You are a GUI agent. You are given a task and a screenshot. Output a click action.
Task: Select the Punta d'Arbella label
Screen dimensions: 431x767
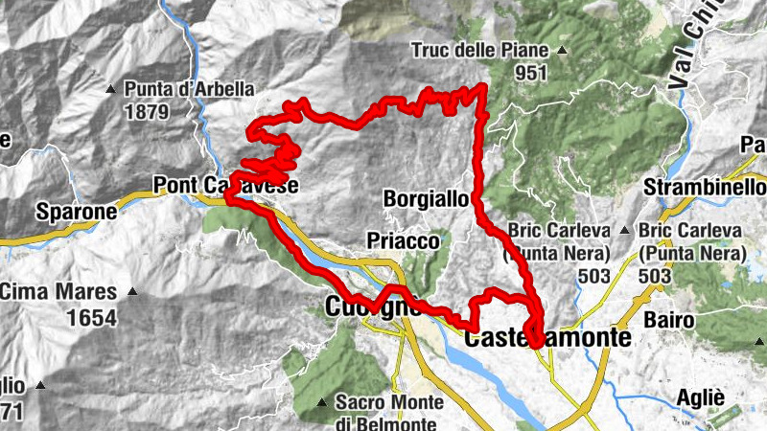click(189, 89)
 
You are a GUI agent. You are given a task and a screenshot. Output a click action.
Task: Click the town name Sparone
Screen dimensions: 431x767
click(76, 211)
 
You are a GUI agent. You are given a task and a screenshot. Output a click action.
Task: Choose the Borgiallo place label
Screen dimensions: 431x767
click(425, 199)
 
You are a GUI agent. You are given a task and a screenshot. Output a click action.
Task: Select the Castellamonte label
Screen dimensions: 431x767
click(547, 338)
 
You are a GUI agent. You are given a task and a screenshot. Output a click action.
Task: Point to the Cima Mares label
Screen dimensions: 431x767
click(58, 291)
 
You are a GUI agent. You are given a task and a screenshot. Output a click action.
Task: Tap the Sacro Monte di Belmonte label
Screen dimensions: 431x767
click(386, 412)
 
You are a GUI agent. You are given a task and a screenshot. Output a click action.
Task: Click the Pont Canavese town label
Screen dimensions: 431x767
click(225, 185)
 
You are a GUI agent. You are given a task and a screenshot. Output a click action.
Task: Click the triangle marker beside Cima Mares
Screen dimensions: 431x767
click(132, 291)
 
